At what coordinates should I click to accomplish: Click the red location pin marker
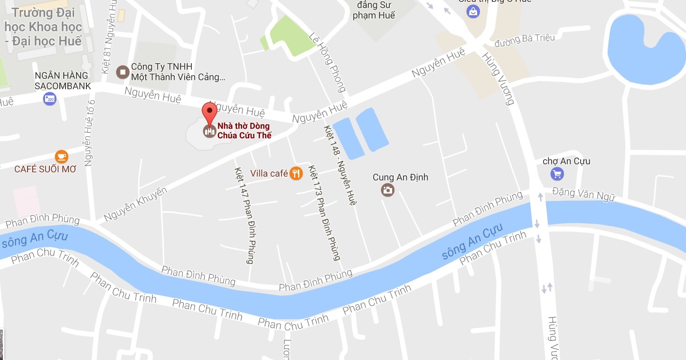coord(209,112)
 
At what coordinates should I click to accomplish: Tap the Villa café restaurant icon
coord(296,173)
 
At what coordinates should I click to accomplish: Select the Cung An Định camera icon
coord(388,190)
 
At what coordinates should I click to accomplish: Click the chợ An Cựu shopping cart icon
coord(557,174)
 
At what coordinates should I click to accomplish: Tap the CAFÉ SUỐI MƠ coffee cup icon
coord(61,156)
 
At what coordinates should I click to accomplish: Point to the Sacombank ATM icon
coord(50,99)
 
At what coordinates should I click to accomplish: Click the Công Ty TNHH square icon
coord(122,72)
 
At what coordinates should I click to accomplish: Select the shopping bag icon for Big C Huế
coord(473,11)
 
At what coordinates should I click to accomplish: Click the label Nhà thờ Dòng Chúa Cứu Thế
coord(244,131)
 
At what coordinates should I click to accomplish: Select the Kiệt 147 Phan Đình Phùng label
coord(244,215)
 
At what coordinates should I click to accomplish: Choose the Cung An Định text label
coord(400,177)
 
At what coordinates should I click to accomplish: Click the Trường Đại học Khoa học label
coord(43,27)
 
